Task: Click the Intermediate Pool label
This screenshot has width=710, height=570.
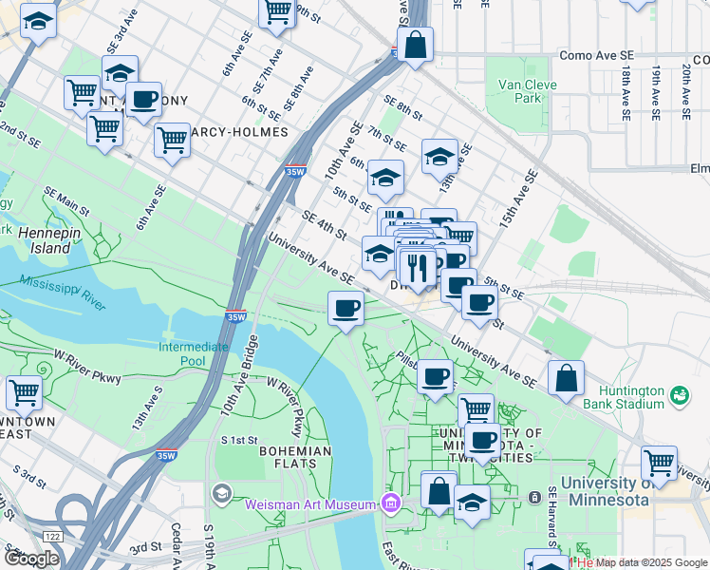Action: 194,353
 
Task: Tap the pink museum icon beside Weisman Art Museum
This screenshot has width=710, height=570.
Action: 388,502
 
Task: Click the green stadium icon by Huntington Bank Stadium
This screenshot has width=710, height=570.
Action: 679,393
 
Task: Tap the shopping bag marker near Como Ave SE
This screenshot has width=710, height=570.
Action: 415,45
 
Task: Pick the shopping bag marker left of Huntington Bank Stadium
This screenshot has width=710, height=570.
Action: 566,377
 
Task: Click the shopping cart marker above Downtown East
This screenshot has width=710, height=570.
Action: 24,391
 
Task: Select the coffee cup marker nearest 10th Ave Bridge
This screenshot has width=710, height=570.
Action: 346,309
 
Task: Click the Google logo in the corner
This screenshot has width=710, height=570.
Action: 31,559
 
